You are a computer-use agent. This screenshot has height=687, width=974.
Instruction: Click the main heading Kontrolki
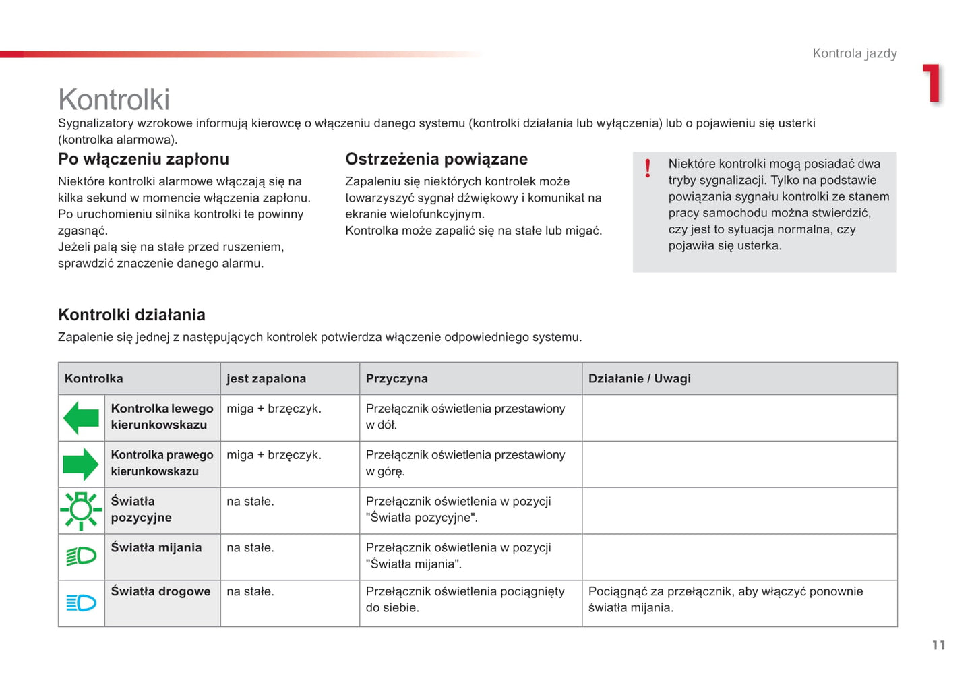click(x=114, y=100)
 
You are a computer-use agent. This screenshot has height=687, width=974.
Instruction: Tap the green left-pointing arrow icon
click(x=81, y=417)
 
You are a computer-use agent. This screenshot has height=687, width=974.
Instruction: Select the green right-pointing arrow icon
click(x=81, y=464)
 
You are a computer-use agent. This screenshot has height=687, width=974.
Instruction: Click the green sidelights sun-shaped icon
click(x=81, y=510)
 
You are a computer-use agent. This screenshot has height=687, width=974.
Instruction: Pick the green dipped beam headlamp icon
click(x=81, y=556)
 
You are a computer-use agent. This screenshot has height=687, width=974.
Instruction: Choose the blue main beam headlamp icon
click(x=81, y=603)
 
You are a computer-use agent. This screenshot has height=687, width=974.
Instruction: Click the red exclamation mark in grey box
click(x=648, y=168)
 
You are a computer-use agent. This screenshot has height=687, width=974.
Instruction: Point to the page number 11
click(x=938, y=645)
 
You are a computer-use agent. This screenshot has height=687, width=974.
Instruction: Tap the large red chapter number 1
click(x=932, y=84)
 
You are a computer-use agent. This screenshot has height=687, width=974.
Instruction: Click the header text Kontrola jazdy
click(x=854, y=53)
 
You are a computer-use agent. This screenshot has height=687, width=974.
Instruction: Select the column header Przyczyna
click(x=396, y=379)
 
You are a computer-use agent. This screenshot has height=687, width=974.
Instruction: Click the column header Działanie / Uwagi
click(x=639, y=379)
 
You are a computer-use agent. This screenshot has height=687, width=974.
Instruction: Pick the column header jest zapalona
click(x=266, y=379)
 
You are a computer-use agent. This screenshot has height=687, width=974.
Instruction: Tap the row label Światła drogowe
click(x=160, y=591)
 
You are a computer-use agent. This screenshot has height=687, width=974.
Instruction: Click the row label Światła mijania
click(x=156, y=547)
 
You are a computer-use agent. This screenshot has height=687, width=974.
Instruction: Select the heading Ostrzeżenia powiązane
click(x=436, y=159)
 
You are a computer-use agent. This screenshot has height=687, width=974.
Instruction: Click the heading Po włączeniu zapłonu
click(x=144, y=159)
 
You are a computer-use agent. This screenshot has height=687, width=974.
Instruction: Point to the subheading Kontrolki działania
click(x=131, y=315)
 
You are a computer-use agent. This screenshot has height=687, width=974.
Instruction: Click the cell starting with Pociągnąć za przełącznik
click(x=725, y=599)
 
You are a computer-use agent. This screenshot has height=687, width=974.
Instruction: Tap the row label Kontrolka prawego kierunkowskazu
click(x=162, y=463)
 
